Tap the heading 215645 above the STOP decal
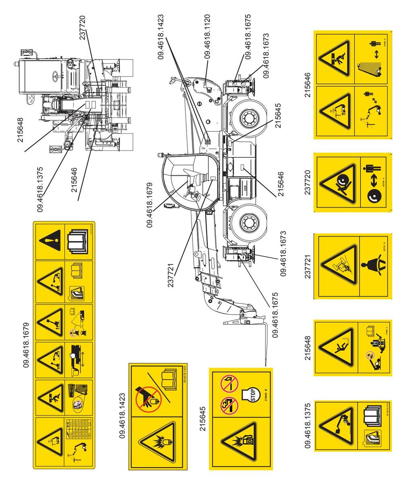pyautogui.click(x=203, y=420)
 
